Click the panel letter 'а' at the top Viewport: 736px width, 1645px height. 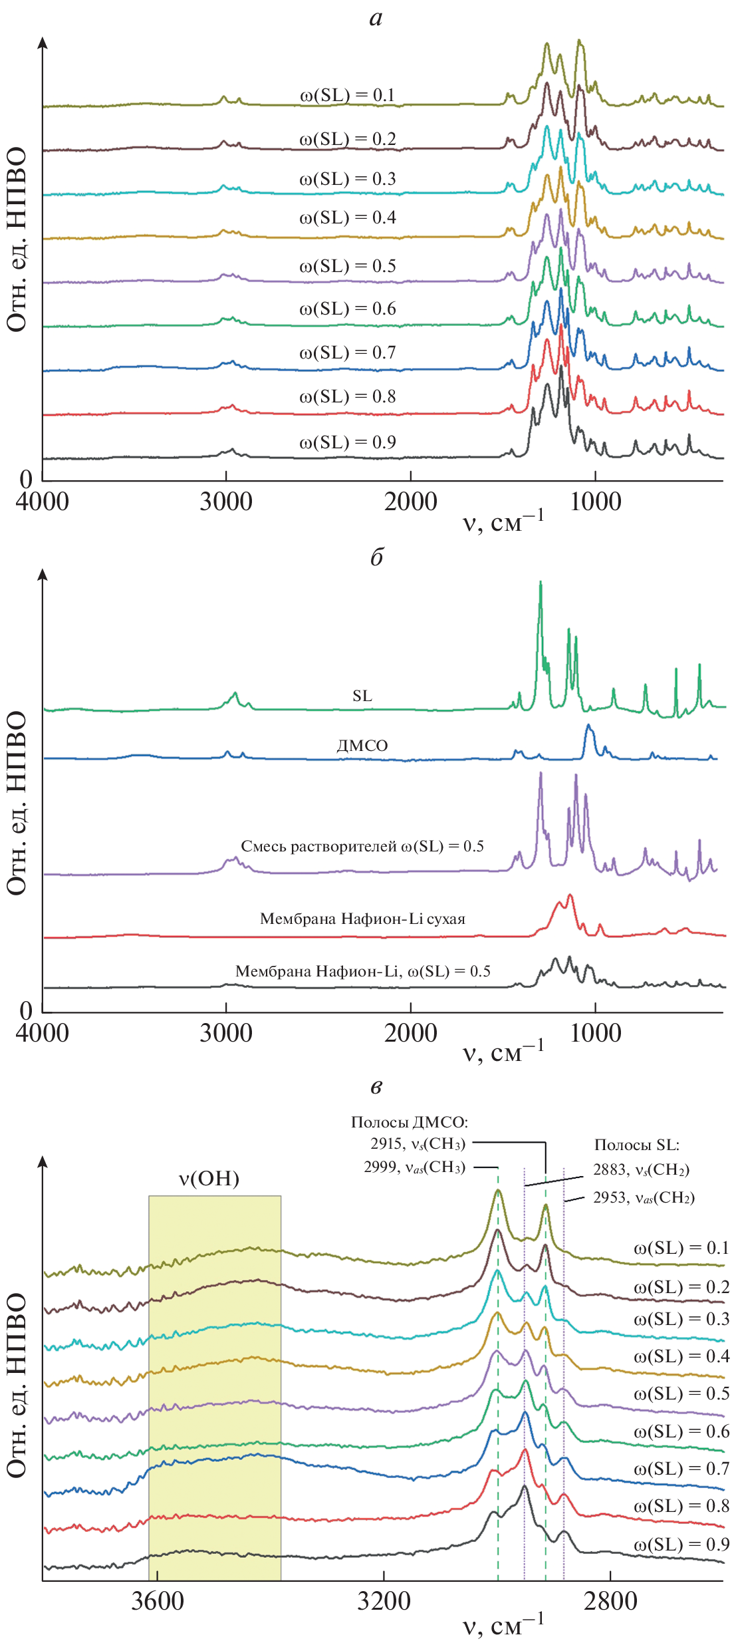[376, 18]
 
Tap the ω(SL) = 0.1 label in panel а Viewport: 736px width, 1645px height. [347, 95]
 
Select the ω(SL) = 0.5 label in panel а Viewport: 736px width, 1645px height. [347, 266]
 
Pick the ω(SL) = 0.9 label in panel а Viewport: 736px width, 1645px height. [347, 442]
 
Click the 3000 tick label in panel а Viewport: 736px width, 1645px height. [226, 502]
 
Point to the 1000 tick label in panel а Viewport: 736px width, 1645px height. [596, 502]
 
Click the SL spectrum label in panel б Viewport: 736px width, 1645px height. [362, 696]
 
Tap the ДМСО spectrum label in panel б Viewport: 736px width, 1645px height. [362, 746]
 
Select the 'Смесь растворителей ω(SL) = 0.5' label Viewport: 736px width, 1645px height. [362, 846]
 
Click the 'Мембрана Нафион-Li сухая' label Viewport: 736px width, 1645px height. [362, 919]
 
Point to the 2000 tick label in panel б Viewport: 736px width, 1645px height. [411, 1033]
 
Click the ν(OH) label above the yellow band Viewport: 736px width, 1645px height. [209, 1179]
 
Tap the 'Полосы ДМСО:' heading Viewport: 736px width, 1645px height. [410, 1122]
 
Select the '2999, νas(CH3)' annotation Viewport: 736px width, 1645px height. [414, 1167]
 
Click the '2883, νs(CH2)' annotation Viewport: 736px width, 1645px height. [641, 1170]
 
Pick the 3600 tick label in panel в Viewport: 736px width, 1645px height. [158, 1600]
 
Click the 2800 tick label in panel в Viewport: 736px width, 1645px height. [610, 1600]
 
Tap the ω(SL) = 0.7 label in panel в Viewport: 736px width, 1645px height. [681, 1468]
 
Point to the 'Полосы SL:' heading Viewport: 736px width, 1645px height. [636, 1145]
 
